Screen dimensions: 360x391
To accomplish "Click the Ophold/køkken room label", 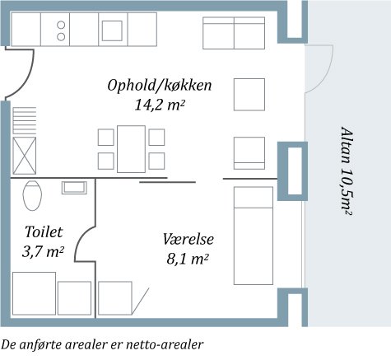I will [x=161, y=85].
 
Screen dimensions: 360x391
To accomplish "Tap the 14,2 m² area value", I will [x=159, y=105].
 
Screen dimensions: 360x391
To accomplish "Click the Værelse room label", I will [x=188, y=240].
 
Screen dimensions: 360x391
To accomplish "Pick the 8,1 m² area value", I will [x=187, y=259].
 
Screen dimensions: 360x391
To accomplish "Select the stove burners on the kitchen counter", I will [x=60, y=30].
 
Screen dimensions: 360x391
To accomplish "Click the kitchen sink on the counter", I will [x=112, y=30].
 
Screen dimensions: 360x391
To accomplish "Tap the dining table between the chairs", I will [x=131, y=148].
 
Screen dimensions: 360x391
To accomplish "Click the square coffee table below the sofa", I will [x=249, y=94].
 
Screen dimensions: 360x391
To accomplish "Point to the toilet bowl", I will [x=33, y=195].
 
